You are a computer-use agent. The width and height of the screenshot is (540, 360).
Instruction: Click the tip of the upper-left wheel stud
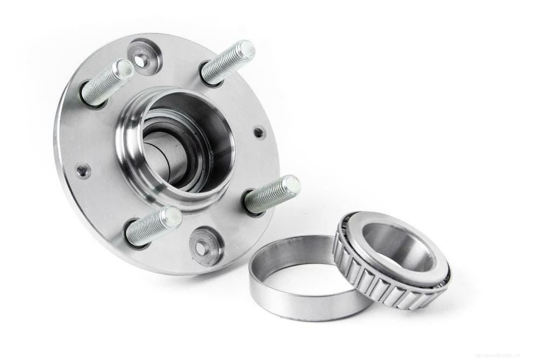tap(125, 69)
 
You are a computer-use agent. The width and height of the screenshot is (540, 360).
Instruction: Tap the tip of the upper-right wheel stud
tap(247, 50)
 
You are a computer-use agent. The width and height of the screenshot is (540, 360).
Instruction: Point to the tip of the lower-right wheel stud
tap(292, 186)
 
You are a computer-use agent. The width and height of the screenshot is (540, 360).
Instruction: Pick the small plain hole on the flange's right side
tap(259, 131)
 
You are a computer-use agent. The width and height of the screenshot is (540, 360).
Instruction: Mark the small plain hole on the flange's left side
tap(82, 171)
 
